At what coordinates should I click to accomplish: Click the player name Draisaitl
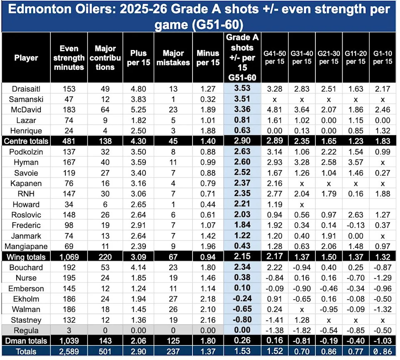pyautogui.click(x=26, y=89)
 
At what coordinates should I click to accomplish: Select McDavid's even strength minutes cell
pyautogui.click(x=69, y=110)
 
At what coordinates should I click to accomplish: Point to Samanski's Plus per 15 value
pyautogui.click(x=139, y=99)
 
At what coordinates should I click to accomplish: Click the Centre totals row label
pyautogui.click(x=25, y=141)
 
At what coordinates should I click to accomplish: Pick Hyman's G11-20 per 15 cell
pyautogui.click(x=355, y=162)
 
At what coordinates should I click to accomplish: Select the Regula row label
pyautogui.click(x=26, y=330)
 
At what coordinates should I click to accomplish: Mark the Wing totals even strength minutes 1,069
pyautogui.click(x=69, y=257)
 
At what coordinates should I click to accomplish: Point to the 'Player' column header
pyautogui.click(x=26, y=58)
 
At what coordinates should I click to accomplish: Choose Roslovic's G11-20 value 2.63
pyautogui.click(x=355, y=215)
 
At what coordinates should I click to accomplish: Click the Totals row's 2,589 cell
pyautogui.click(x=69, y=352)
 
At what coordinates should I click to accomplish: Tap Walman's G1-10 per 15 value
pyautogui.click(x=382, y=309)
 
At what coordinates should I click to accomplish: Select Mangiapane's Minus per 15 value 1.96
pyautogui.click(x=208, y=246)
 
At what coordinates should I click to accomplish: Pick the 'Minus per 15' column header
pyautogui.click(x=208, y=58)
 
